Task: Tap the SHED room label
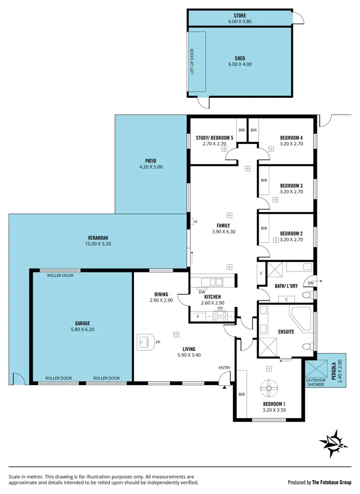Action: tap(240, 59)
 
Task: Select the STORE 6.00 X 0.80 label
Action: tap(240, 22)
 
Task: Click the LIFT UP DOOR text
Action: tap(192, 61)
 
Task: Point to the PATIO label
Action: tap(151, 161)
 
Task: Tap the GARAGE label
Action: tap(82, 323)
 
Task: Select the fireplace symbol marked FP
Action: tap(145, 341)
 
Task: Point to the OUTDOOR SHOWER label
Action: tap(316, 383)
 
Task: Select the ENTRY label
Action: tap(224, 368)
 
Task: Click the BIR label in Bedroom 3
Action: tap(264, 181)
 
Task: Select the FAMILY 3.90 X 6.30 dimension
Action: tap(223, 232)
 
